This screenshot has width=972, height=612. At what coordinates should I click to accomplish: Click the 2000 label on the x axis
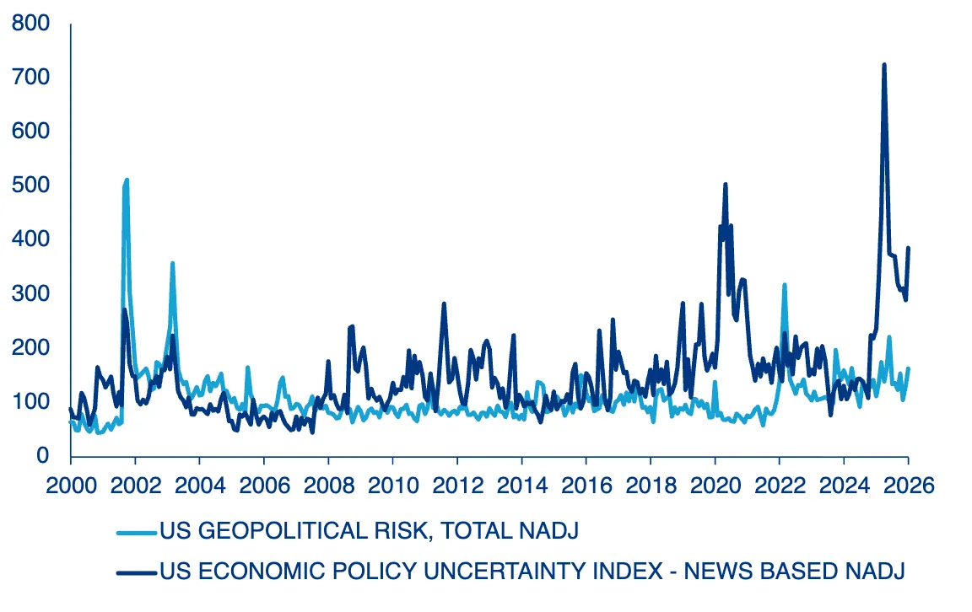[70, 487]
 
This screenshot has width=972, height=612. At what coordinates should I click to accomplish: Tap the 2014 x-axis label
[521, 487]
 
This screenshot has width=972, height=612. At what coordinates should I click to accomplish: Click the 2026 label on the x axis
[907, 487]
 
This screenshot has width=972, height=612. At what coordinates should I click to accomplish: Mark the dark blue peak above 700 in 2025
[883, 65]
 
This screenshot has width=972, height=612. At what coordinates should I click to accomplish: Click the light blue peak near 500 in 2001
[127, 180]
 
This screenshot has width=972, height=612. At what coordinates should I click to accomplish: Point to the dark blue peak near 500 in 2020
[725, 184]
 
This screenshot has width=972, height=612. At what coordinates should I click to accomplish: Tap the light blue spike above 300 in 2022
[784, 285]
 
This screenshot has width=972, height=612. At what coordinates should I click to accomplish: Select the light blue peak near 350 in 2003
[172, 263]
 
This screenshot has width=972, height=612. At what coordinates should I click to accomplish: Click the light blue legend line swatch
[137, 532]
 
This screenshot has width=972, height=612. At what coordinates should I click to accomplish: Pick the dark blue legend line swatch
[137, 572]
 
